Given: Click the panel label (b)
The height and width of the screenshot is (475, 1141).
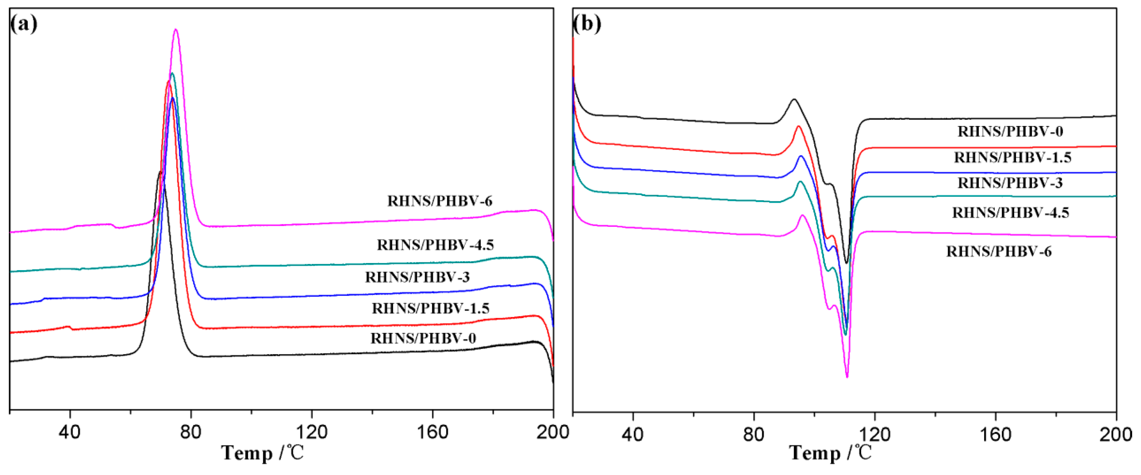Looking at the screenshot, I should (587, 23).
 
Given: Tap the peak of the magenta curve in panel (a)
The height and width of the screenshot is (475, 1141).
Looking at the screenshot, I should (176, 30).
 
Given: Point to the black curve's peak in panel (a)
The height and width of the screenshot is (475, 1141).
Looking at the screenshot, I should (159, 172).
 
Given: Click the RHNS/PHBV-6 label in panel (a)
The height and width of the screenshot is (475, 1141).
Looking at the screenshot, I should (439, 201).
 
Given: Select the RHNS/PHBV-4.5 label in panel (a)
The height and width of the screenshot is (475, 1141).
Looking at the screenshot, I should (435, 245).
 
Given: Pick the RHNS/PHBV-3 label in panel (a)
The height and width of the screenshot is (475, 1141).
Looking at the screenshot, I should (417, 277).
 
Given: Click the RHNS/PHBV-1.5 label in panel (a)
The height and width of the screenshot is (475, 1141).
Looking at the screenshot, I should (430, 308).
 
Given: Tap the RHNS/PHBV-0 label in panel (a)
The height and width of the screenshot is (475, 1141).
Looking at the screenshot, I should (423, 339).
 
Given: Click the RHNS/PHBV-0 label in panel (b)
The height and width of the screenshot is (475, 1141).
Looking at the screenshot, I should (1010, 132).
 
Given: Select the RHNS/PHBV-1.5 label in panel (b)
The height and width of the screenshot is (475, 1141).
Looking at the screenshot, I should (1012, 157).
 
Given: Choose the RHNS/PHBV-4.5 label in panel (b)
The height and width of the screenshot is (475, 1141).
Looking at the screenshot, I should (1010, 213).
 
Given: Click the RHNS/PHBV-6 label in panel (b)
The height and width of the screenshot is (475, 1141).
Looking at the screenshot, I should (999, 252).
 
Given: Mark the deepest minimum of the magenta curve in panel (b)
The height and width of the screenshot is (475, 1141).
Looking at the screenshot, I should (847, 376).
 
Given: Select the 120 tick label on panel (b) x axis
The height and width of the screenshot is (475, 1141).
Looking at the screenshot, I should (875, 434).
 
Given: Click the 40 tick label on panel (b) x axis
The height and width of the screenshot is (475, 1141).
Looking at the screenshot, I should (633, 434).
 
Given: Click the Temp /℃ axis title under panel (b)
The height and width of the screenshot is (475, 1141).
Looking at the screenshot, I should (830, 453).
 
